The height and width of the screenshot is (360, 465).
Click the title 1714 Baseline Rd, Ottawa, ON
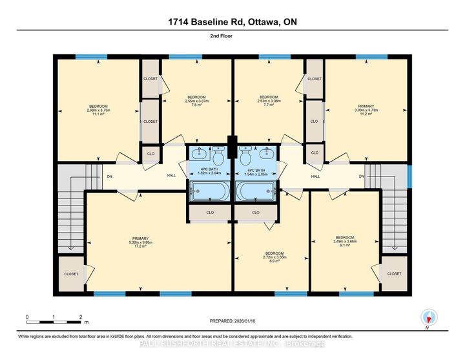tap(232, 21)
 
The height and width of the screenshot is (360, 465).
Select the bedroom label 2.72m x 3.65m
tap(274, 257)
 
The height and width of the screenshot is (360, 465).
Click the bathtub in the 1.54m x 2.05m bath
tap(256, 192)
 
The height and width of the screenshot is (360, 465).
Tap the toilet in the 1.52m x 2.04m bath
tap(218, 157)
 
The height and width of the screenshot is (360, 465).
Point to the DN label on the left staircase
tap(109, 176)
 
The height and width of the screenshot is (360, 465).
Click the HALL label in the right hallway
tap(316, 176)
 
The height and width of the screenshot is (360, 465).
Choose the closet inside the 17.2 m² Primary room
tap(71, 274)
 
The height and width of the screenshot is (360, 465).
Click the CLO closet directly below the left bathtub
tap(210, 212)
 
